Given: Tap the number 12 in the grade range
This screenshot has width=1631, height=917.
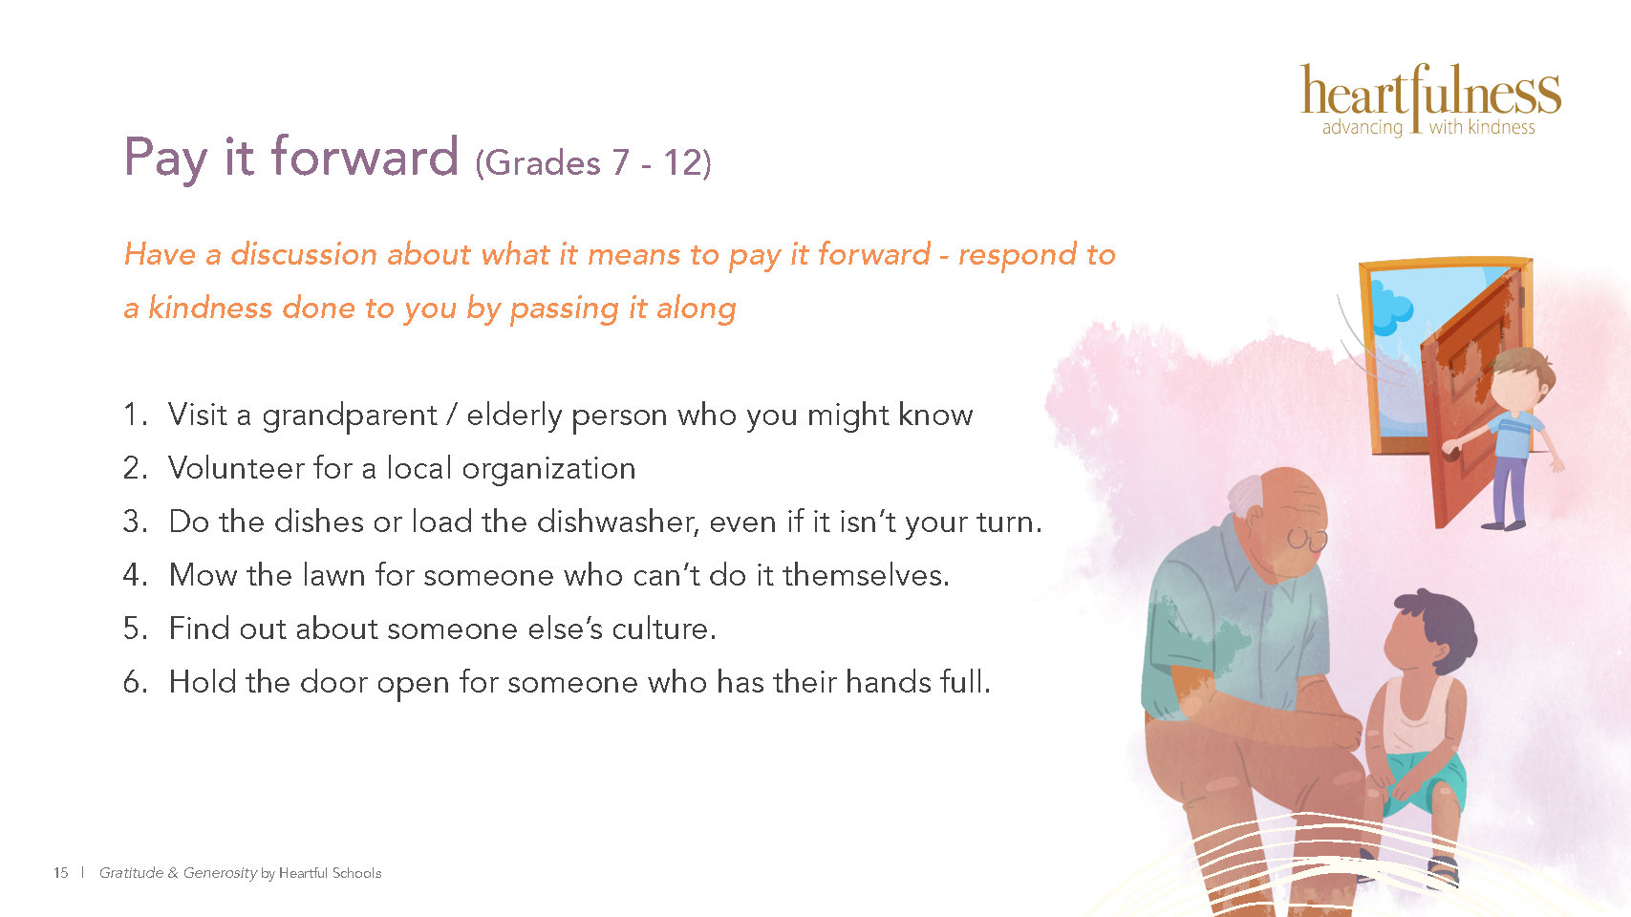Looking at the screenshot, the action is coord(681,162).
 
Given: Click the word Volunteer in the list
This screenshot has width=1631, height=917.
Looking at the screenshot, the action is coord(236,468).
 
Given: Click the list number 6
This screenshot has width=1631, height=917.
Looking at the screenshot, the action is coord(135,683).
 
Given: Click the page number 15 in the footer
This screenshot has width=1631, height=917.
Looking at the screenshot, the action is coord(60,873).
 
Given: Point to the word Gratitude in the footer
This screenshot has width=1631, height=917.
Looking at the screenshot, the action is coord(131,873).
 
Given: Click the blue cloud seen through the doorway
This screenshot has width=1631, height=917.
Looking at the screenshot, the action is coord(1391,309).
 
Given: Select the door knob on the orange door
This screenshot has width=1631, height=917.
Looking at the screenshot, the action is coord(1450,451).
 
